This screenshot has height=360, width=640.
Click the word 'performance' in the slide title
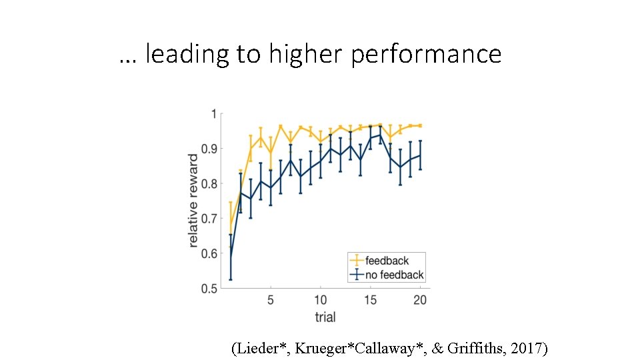click(425, 54)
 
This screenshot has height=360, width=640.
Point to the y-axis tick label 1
click(213, 114)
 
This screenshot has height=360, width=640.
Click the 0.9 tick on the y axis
click(209, 149)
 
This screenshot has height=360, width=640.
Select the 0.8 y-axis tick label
click(209, 184)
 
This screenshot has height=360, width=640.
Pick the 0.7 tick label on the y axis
click(209, 219)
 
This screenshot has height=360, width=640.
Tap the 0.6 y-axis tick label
click(209, 254)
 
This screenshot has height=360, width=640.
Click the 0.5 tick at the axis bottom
click(209, 289)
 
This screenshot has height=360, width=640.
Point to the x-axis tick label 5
click(270, 301)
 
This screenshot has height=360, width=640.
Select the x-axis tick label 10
click(321, 301)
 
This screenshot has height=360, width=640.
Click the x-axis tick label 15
click(370, 301)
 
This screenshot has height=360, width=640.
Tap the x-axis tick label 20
click(420, 301)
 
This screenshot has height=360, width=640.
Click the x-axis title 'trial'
click(325, 316)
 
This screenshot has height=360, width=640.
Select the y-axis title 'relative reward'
click(193, 201)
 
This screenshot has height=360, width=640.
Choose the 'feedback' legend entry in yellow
click(387, 261)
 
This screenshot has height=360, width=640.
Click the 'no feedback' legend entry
click(394, 275)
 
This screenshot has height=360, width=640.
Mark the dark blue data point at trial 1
click(230, 257)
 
